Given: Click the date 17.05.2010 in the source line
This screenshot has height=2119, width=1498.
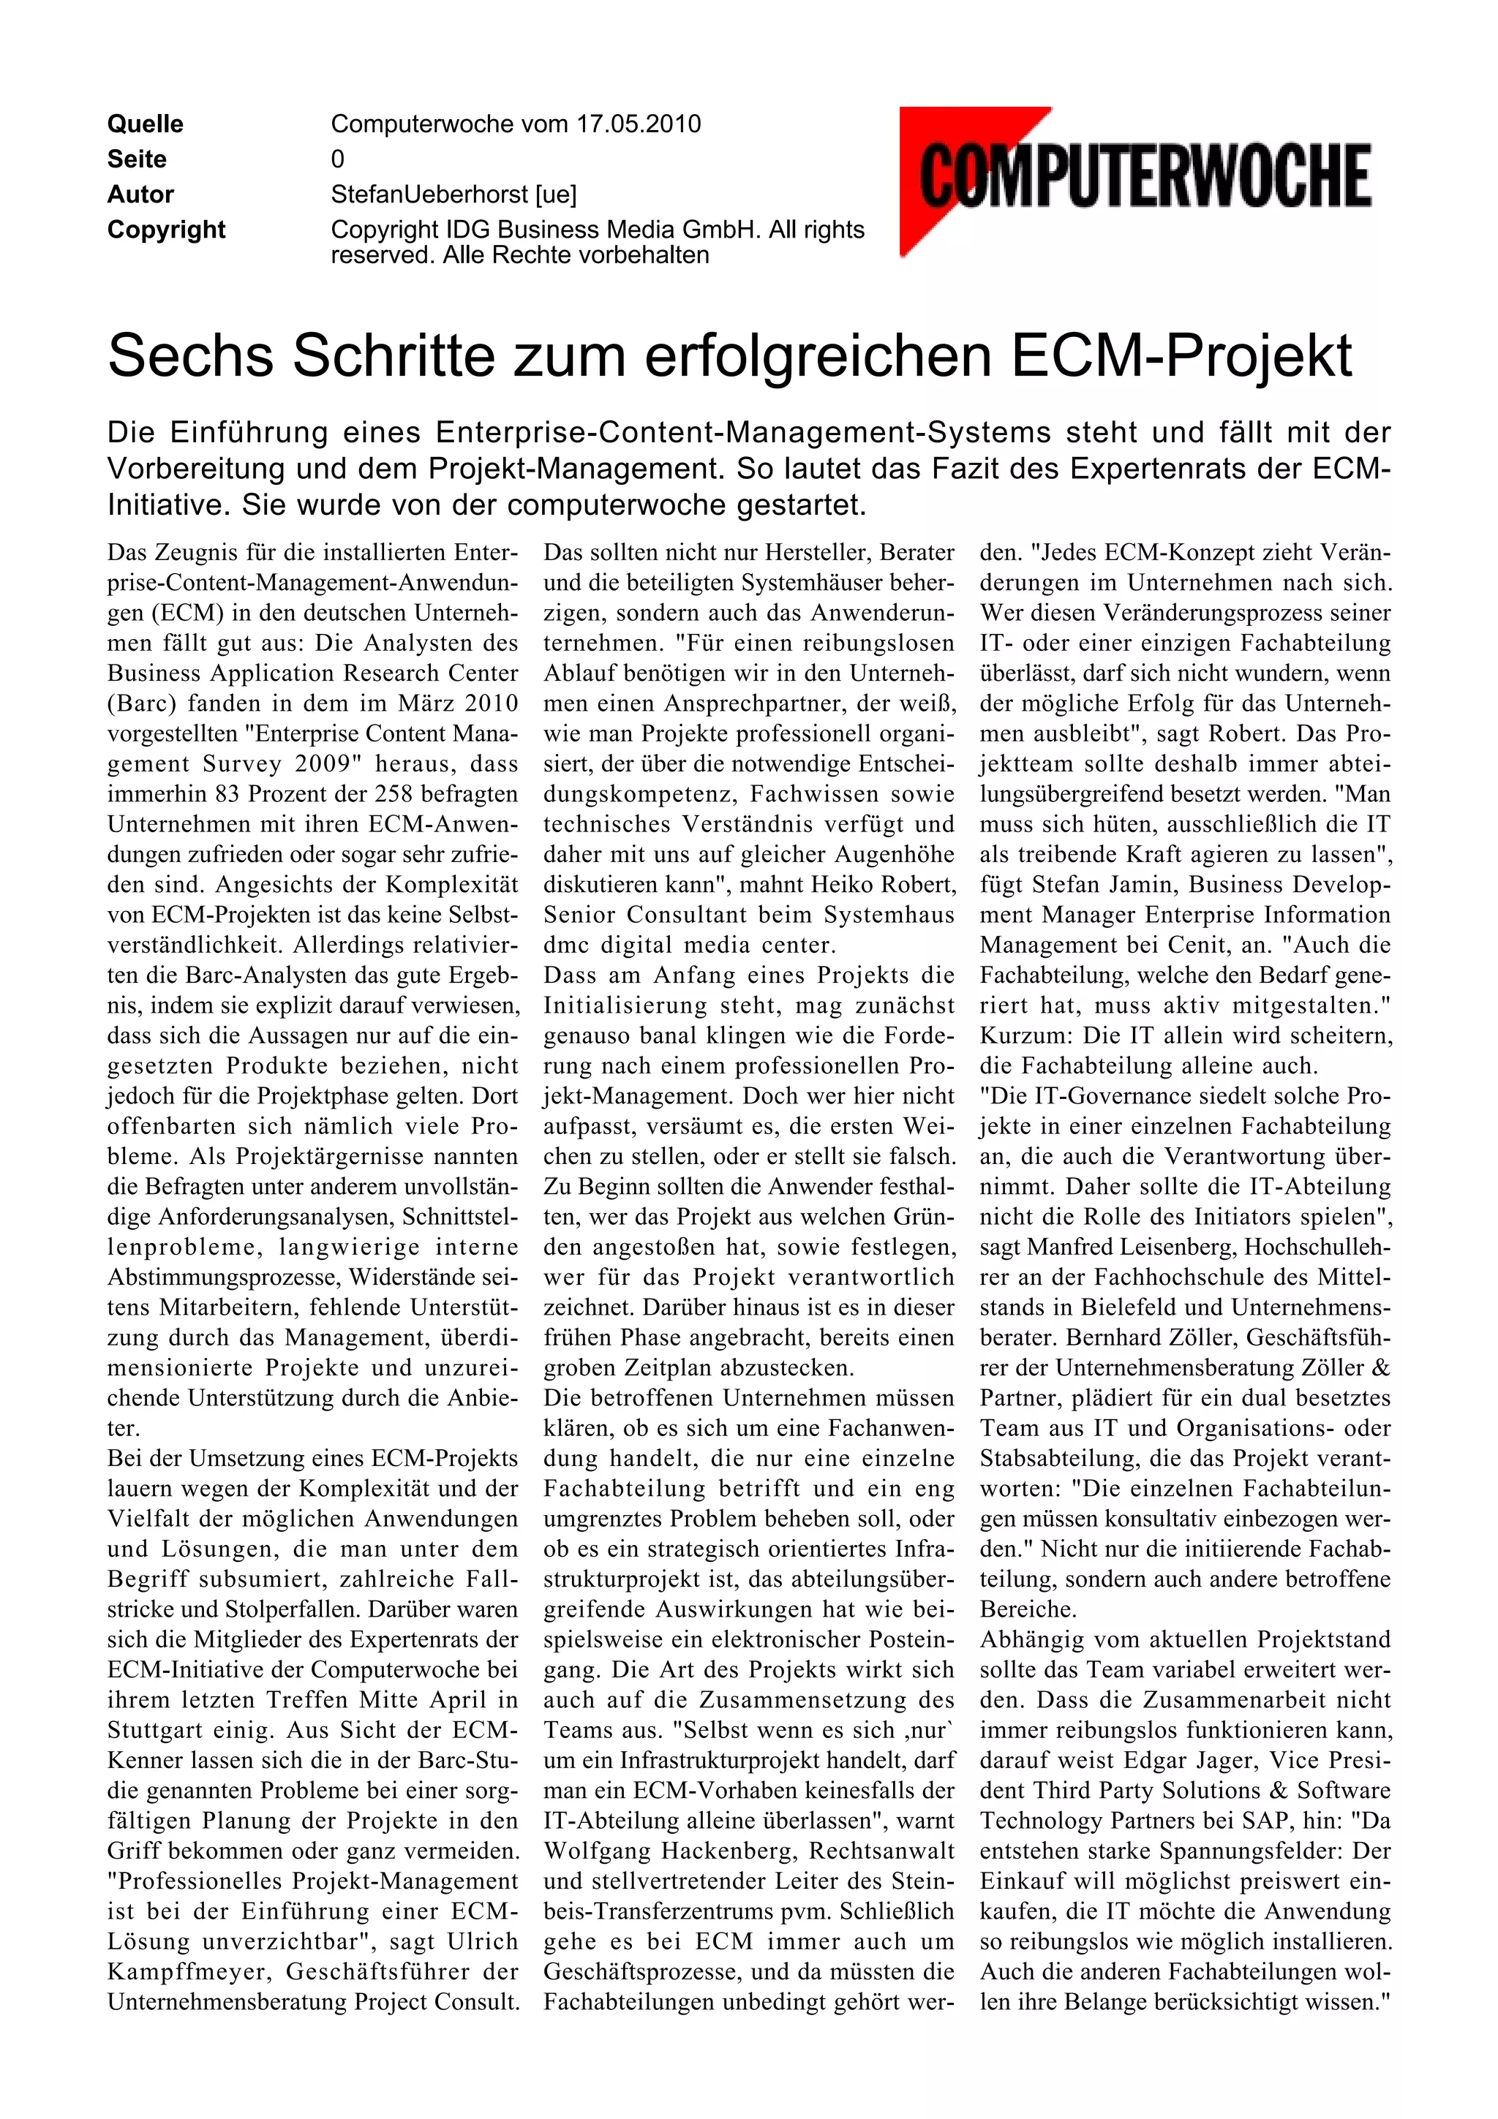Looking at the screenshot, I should pyautogui.click(x=638, y=124).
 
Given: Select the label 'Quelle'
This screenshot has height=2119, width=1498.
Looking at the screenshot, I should pyautogui.click(x=145, y=124).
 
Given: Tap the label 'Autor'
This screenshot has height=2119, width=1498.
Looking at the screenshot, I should pyautogui.click(x=140, y=194).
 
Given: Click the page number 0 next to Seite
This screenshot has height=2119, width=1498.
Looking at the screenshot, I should pyautogui.click(x=338, y=159).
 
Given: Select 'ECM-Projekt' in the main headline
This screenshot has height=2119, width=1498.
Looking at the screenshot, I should pyautogui.click(x=1181, y=355).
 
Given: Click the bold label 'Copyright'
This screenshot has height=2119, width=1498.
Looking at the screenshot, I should pyautogui.click(x=166, y=230).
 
